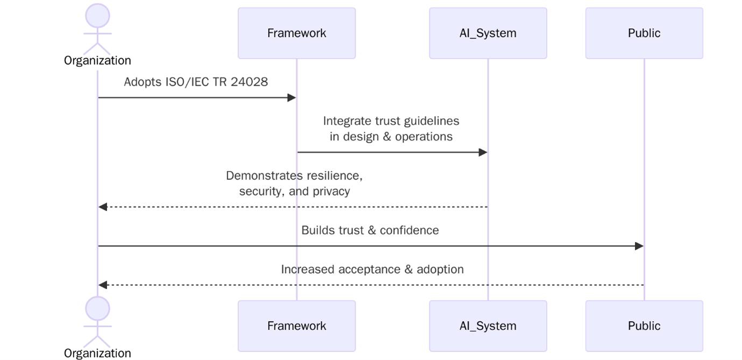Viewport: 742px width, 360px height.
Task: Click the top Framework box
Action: pos(296,33)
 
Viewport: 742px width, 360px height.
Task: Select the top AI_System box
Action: pos(487,33)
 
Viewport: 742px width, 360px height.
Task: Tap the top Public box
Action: pos(644,33)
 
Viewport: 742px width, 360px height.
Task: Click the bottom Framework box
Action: pos(296,326)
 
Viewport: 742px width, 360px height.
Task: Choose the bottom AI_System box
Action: pos(487,326)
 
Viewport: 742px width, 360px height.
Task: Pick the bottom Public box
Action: pos(644,326)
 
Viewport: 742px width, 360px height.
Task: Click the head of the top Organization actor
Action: pos(97,15)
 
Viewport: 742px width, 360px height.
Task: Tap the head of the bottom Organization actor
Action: pos(97,308)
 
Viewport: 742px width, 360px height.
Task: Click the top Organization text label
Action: pos(97,60)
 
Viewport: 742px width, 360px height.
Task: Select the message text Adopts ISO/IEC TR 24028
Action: pos(196,82)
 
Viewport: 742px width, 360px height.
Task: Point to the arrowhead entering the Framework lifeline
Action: pos(292,97)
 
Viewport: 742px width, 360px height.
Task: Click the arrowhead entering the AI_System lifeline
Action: pos(483,152)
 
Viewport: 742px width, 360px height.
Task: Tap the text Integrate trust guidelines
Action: pos(391,121)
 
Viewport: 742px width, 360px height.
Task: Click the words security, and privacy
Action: pos(294,191)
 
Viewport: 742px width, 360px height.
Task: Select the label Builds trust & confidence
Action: pos(370,230)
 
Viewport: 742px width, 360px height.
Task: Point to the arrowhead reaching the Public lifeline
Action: pos(639,246)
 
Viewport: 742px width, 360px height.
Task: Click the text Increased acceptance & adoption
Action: pos(372,269)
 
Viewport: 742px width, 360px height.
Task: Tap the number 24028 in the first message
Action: pos(250,82)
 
